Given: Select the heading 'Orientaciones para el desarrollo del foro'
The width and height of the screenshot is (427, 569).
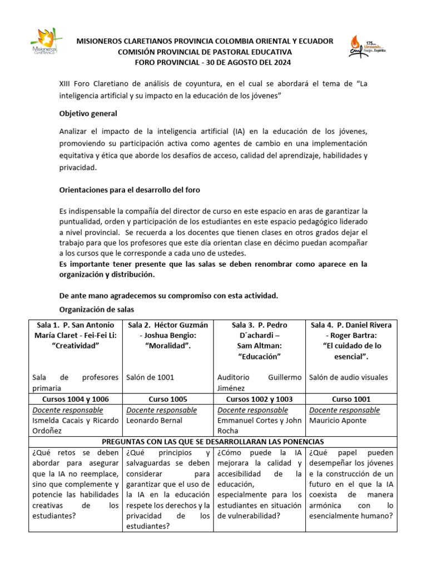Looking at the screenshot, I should click(130, 189).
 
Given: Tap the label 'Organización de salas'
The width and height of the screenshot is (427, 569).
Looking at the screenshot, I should click(96, 310).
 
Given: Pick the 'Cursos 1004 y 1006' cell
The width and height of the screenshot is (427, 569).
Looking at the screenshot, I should click(76, 399).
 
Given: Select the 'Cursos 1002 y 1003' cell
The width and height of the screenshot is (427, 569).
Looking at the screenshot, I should click(260, 399).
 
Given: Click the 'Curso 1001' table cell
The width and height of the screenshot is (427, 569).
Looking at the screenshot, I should click(351, 399).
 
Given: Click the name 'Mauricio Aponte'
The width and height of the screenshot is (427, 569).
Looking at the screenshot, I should click(337, 421).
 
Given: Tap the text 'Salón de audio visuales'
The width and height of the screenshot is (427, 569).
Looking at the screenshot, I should click(348, 377).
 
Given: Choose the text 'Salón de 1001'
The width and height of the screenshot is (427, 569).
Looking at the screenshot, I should click(150, 377).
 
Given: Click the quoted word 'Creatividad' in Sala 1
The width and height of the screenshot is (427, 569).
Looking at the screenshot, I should click(76, 346).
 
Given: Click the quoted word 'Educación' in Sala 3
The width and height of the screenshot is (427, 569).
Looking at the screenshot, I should click(260, 356).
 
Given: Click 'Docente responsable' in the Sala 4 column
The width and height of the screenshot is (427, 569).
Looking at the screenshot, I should click(345, 410).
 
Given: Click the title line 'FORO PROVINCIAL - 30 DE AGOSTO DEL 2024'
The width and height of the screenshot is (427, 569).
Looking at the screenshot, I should click(205, 62).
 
